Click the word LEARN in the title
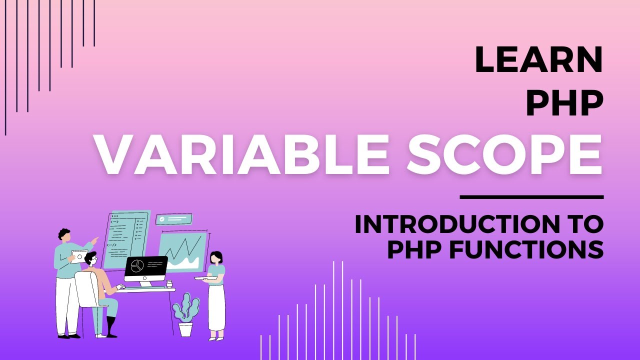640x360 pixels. point(538,59)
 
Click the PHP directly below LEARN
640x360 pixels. point(564,104)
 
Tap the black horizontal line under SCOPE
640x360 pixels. point(531,197)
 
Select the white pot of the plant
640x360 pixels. point(185,328)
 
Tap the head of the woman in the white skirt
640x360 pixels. point(216,257)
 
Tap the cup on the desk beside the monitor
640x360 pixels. point(169,283)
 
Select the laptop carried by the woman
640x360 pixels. point(205,278)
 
